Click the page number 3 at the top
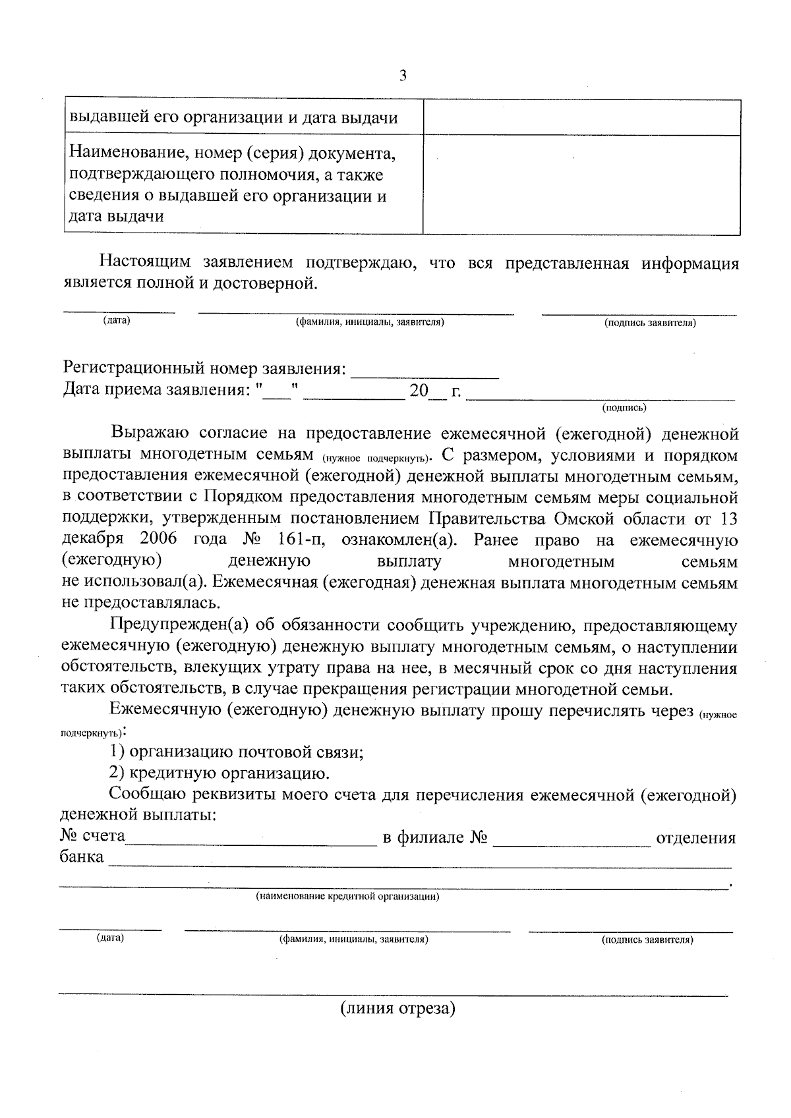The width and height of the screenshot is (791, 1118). point(403,76)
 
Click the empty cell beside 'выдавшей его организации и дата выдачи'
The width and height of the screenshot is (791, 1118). point(581,117)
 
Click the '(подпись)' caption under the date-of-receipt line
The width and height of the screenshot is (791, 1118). point(624,408)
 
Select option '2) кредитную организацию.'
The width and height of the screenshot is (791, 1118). point(220,773)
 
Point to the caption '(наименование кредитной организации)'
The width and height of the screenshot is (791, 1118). point(347,897)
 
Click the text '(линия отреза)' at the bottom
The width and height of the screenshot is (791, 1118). point(397,1009)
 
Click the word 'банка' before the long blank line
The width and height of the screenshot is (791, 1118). point(82,858)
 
